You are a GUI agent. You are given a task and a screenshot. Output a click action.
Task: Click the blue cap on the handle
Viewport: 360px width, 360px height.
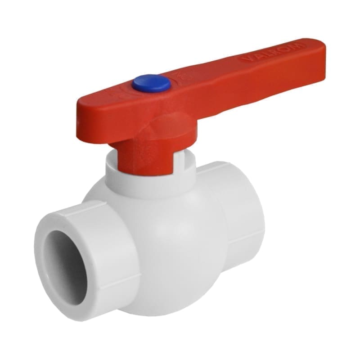151,83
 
